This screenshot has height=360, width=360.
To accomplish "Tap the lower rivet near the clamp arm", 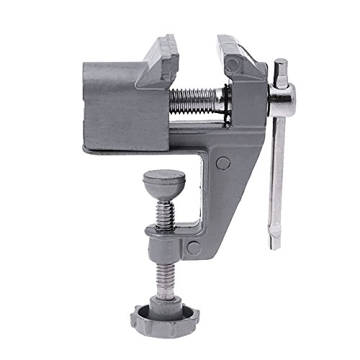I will pyautogui.click(x=192, y=248).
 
